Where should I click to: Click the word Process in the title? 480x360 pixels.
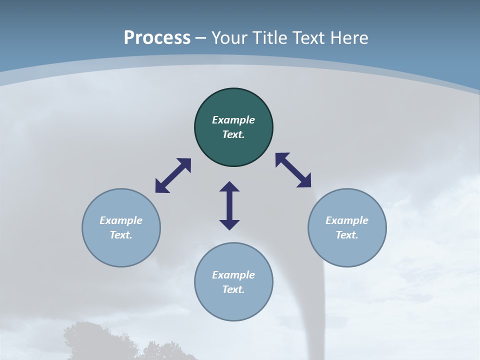point(157,38)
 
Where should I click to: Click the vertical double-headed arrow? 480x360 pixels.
point(229,205)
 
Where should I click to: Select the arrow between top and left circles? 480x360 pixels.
point(173,175)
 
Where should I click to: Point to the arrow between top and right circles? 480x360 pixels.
point(293,170)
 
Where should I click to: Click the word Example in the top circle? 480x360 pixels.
point(233,120)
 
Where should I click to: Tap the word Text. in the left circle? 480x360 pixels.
point(121,235)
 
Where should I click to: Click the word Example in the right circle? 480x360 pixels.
point(347,220)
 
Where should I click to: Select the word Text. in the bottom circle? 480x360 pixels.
point(233,289)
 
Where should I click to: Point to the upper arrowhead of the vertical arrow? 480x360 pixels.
point(229,186)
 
